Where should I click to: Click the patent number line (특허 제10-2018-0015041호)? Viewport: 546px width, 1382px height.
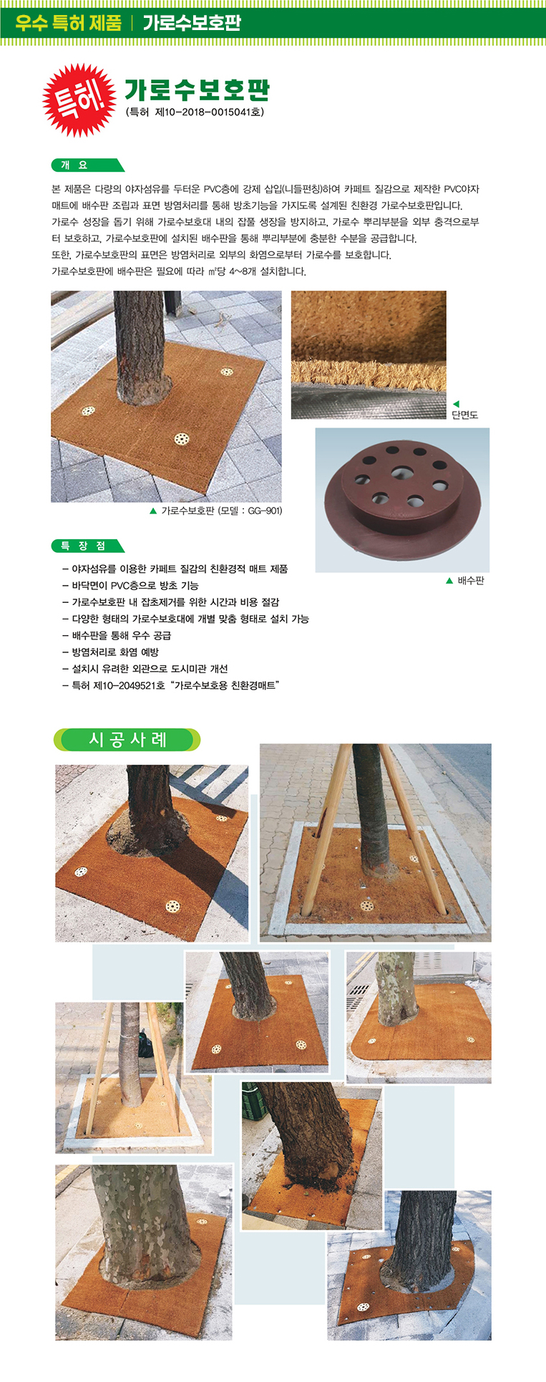(195, 112)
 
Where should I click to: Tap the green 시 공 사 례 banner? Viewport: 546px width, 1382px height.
(127, 740)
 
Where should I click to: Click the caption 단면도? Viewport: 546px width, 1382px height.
(464, 415)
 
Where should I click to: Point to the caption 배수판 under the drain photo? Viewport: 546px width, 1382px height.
(471, 581)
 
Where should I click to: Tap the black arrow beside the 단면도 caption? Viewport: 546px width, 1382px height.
(455, 404)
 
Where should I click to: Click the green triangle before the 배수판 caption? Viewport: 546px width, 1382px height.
(449, 581)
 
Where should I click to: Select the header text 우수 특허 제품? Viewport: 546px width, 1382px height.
(69, 23)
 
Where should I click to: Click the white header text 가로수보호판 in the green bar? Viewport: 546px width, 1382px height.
(192, 23)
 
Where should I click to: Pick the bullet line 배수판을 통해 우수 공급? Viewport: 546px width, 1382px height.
(117, 635)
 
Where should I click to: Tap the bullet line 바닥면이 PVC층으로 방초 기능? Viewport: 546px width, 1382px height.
(130, 585)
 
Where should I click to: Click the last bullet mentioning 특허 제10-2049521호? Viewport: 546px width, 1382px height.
(171, 685)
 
